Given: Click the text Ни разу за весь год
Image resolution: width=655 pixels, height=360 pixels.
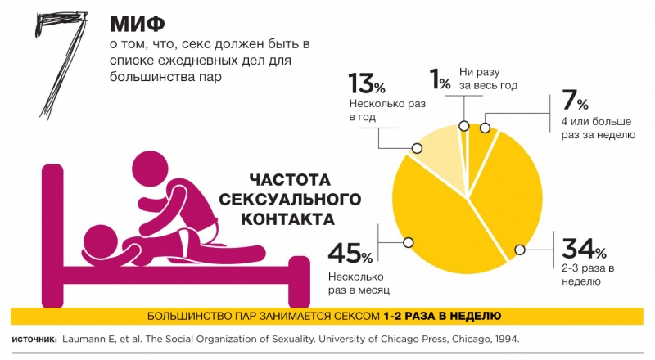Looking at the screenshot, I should (x=489, y=79).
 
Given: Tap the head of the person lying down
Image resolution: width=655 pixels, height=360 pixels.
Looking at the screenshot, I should (x=102, y=241).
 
